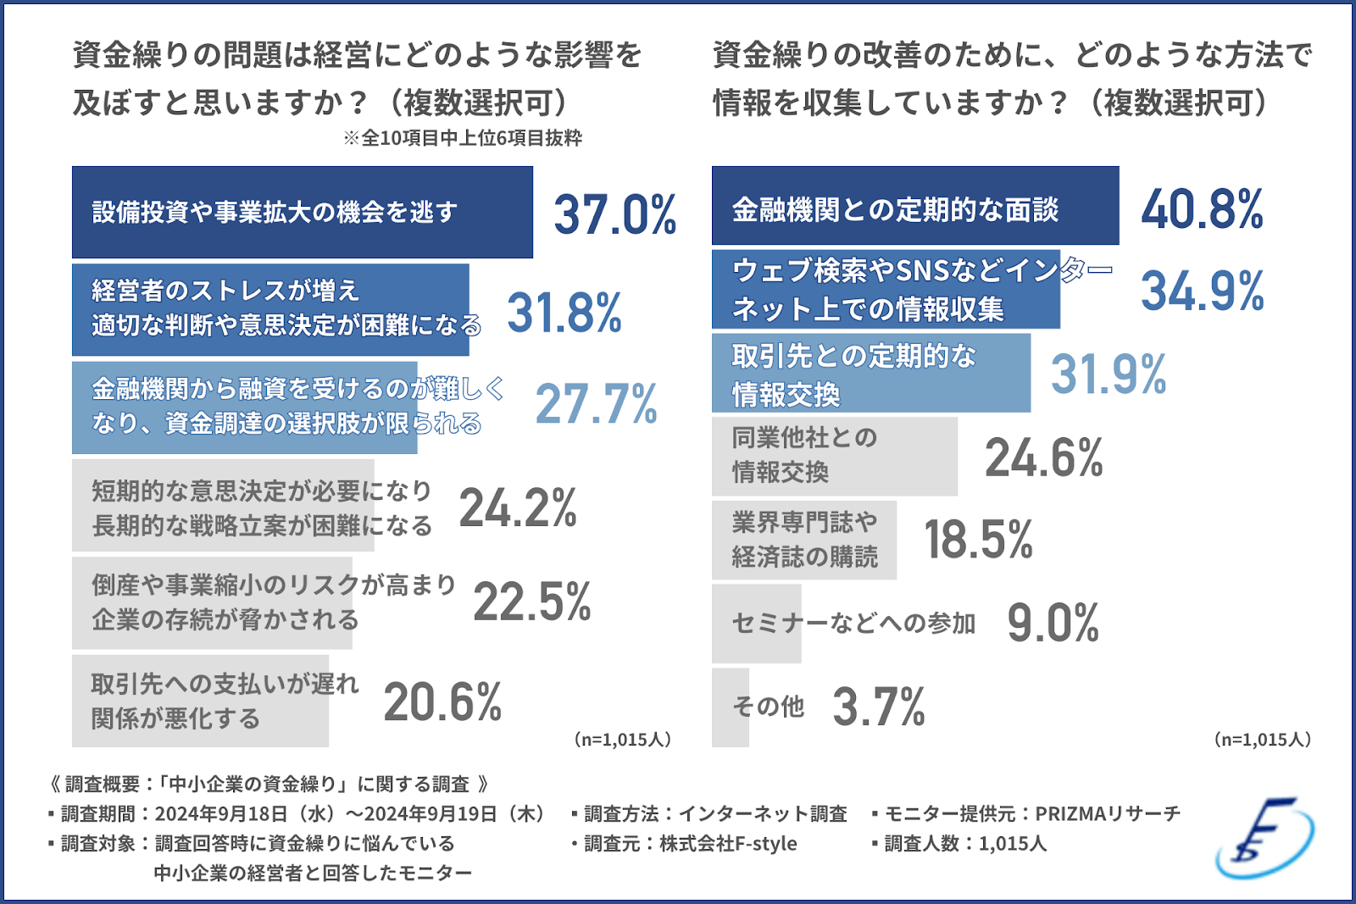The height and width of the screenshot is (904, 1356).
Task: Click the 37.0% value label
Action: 614,214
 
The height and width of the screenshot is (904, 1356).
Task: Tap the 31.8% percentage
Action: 564,313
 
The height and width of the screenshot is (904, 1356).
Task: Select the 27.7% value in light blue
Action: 596,403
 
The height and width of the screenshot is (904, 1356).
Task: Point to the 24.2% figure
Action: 518,508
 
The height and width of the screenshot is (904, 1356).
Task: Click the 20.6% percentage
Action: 442,702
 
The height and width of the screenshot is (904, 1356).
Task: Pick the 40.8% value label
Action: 1202,208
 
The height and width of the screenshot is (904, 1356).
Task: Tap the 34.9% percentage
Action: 1202,291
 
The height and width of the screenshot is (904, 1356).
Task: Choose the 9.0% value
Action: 1053,623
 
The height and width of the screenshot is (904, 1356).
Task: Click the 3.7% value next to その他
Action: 879,707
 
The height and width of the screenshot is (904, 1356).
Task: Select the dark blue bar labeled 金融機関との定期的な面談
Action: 915,207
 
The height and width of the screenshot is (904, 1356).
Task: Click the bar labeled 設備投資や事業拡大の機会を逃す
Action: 302,213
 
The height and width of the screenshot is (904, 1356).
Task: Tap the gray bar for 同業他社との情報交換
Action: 834,456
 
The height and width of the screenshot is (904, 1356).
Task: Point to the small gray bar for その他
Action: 730,707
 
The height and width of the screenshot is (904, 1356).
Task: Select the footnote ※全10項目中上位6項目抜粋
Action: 463,138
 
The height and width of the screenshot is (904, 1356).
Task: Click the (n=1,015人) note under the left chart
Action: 623,740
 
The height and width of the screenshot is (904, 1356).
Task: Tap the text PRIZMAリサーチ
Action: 1108,814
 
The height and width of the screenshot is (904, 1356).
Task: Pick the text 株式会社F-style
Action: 728,844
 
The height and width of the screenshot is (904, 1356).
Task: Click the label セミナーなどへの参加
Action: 853,624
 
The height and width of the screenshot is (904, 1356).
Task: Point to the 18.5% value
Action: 978,540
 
